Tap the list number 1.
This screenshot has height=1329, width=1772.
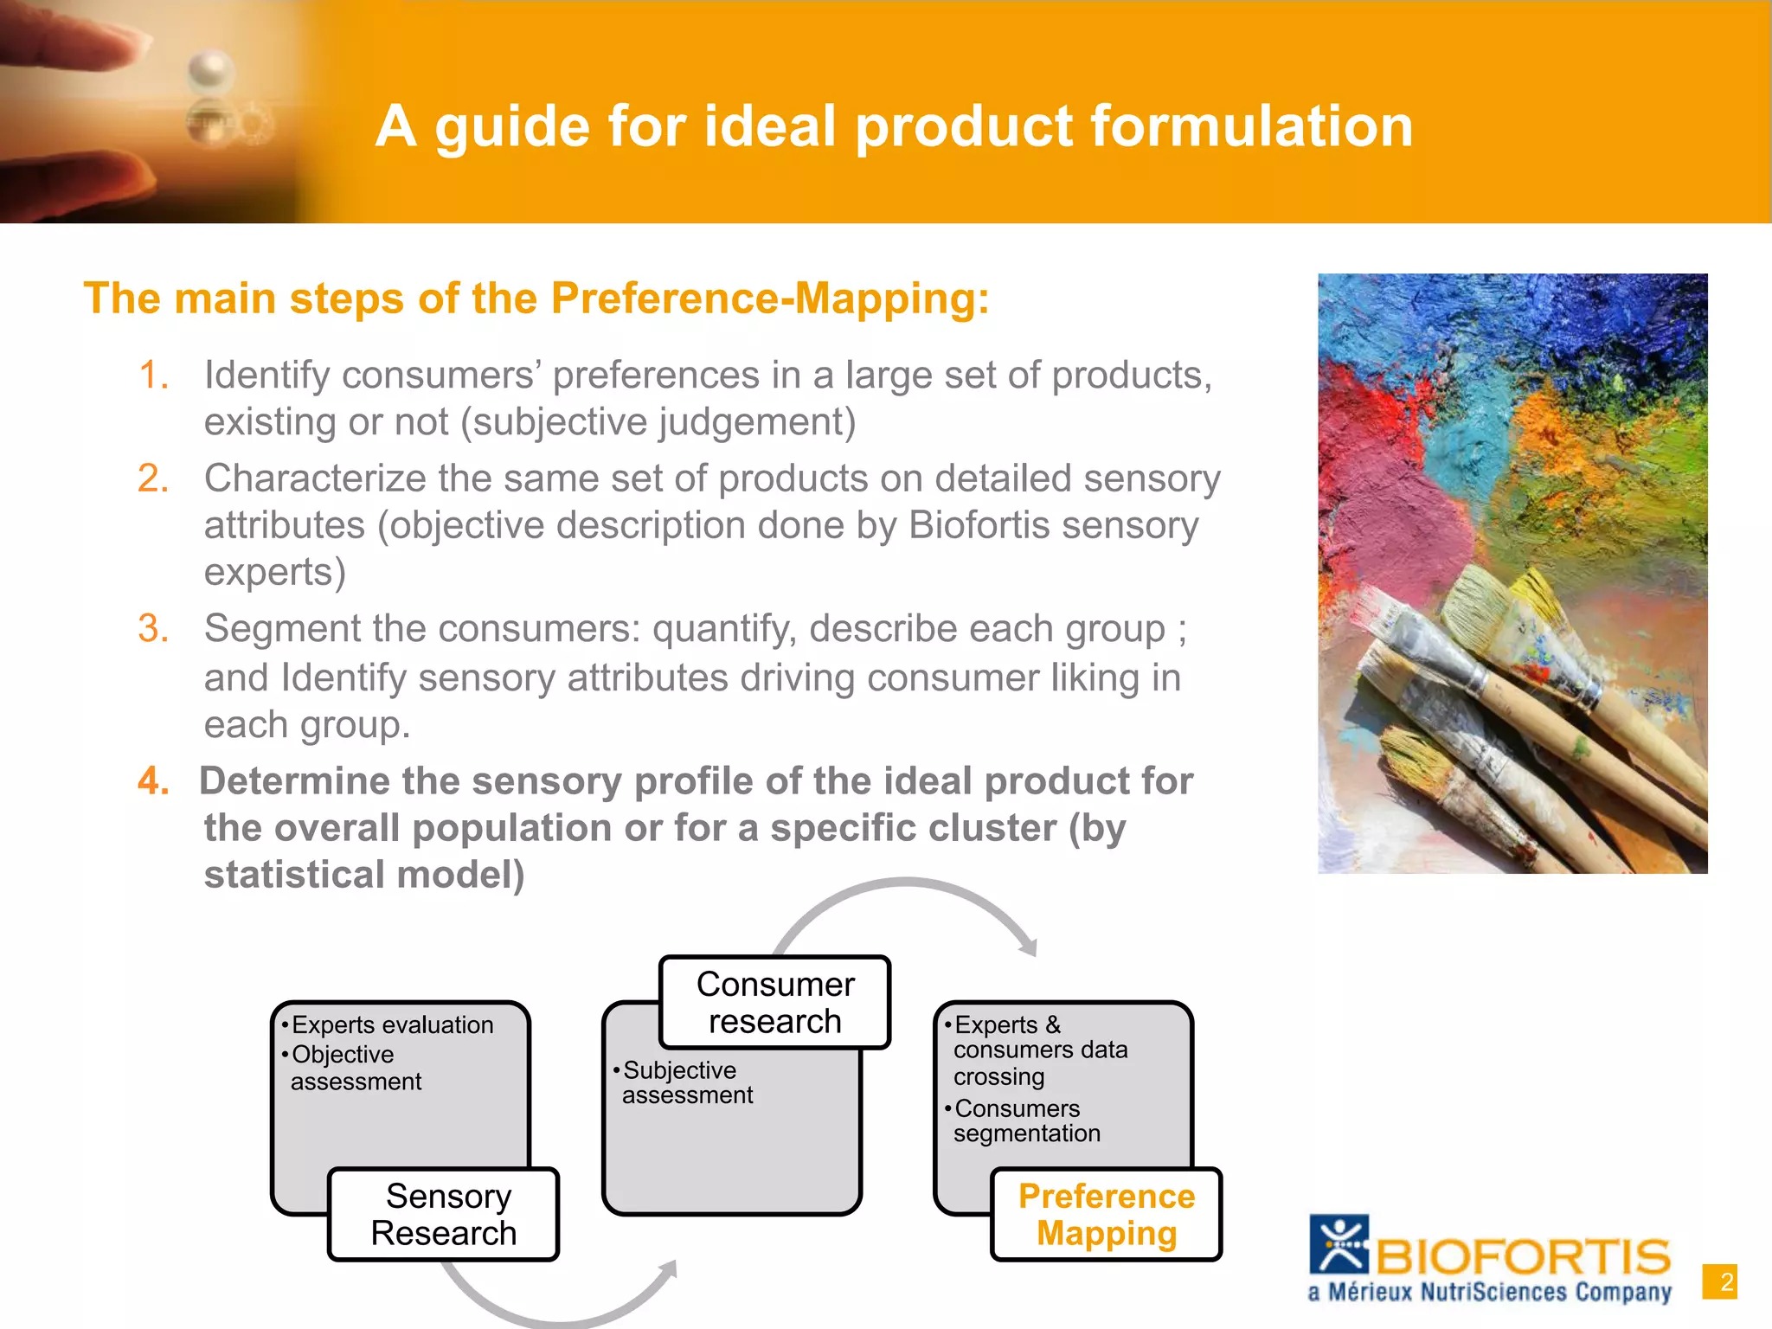coord(153,376)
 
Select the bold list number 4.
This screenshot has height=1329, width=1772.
coord(153,781)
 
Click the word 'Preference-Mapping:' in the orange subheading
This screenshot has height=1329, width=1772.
coord(770,299)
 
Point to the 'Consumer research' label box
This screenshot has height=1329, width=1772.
coord(774,1002)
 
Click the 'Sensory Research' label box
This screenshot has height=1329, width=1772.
coord(444,1214)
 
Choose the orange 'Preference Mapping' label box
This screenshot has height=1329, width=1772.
coord(1106,1214)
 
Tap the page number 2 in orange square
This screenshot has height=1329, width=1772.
coord(1719,1281)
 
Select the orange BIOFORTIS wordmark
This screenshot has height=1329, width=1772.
coord(1523,1256)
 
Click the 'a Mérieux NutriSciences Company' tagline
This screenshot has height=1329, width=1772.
coord(1489,1293)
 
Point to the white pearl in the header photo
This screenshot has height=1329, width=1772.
coord(210,71)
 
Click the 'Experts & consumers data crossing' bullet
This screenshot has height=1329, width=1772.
coord(1038,1050)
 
